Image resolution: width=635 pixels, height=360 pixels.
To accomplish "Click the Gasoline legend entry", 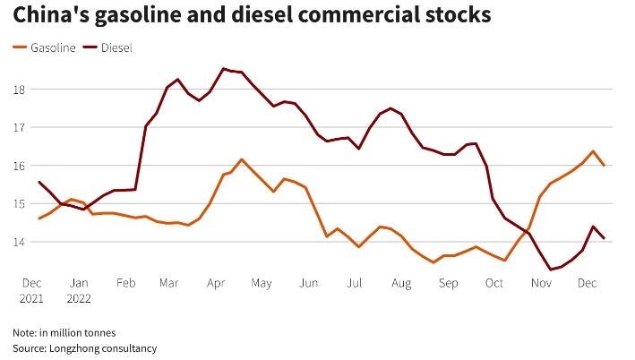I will pos(49,47).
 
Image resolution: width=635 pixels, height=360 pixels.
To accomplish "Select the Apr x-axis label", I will pos(215,284).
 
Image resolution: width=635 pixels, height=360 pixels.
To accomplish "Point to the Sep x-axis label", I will pos(449,284).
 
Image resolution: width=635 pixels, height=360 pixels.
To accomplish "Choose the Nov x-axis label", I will pos(542,284).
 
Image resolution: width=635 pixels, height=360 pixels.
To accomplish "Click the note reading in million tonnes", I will pos(64,332).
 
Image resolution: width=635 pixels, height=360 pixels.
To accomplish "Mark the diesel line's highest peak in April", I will pos(224,68).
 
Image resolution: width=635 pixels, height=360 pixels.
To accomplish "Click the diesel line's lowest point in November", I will pos(551,269).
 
